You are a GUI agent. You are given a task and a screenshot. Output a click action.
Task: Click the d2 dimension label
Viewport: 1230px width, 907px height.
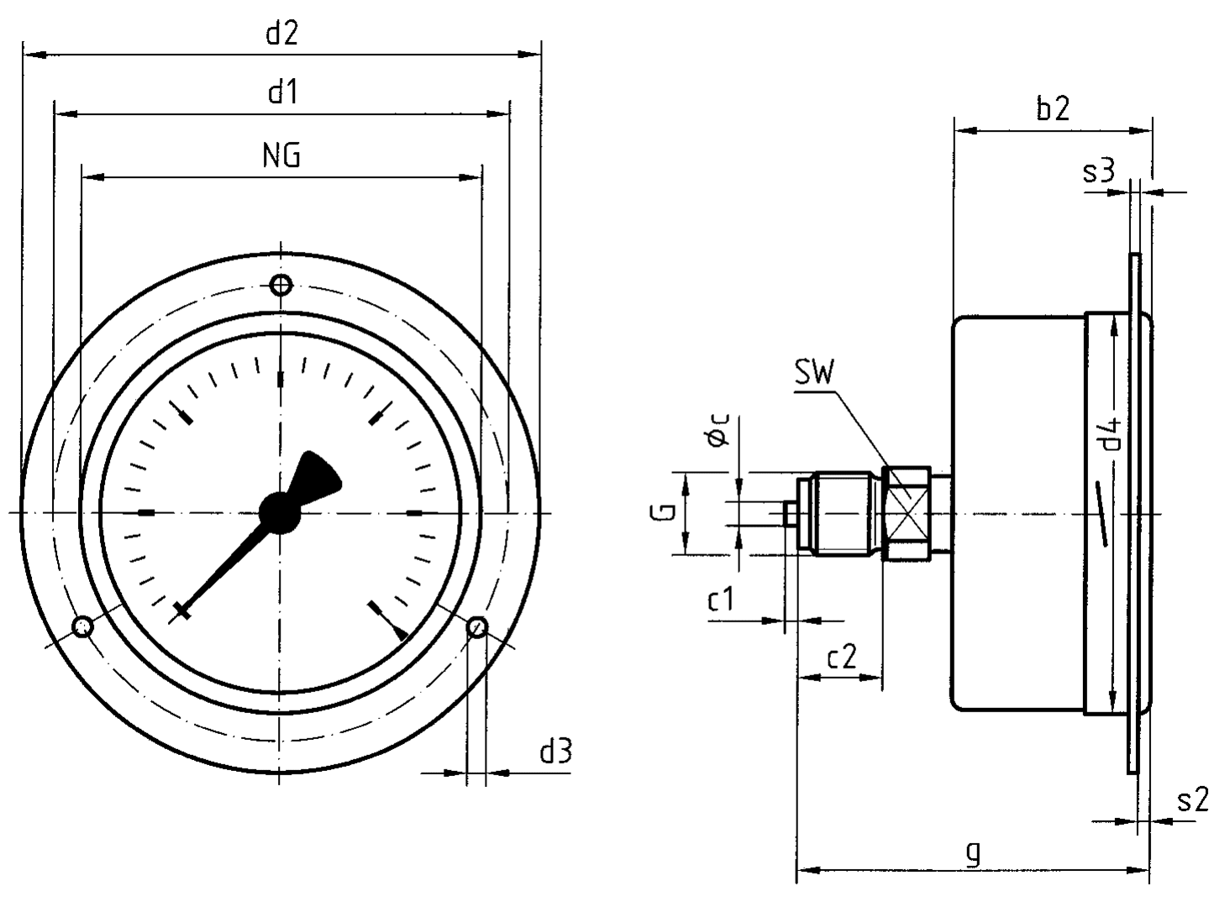tap(282, 34)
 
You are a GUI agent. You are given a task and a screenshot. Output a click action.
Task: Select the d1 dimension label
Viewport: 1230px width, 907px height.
tap(283, 92)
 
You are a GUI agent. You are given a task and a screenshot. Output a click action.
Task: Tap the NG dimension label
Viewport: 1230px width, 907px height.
tap(281, 155)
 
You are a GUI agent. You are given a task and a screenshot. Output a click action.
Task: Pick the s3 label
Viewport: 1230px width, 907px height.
tap(1098, 171)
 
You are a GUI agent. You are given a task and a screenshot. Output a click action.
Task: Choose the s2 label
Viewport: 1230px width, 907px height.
tap(1192, 800)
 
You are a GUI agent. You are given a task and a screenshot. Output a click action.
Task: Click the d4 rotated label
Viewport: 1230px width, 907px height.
tap(1112, 433)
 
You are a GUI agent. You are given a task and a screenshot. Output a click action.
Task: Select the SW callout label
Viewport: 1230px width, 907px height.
tap(814, 373)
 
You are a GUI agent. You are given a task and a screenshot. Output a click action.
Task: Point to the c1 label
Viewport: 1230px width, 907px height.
tap(721, 600)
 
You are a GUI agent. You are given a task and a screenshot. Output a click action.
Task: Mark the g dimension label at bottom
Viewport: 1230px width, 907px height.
tap(973, 853)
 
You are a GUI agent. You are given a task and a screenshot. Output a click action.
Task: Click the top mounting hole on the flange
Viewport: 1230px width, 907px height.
tap(281, 286)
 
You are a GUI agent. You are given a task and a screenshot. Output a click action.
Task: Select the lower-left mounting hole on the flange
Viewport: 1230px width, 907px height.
tap(83, 627)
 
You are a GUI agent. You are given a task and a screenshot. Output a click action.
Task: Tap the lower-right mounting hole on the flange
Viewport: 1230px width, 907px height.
tap(476, 627)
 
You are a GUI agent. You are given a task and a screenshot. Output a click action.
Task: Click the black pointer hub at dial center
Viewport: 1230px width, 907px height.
tap(279, 512)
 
